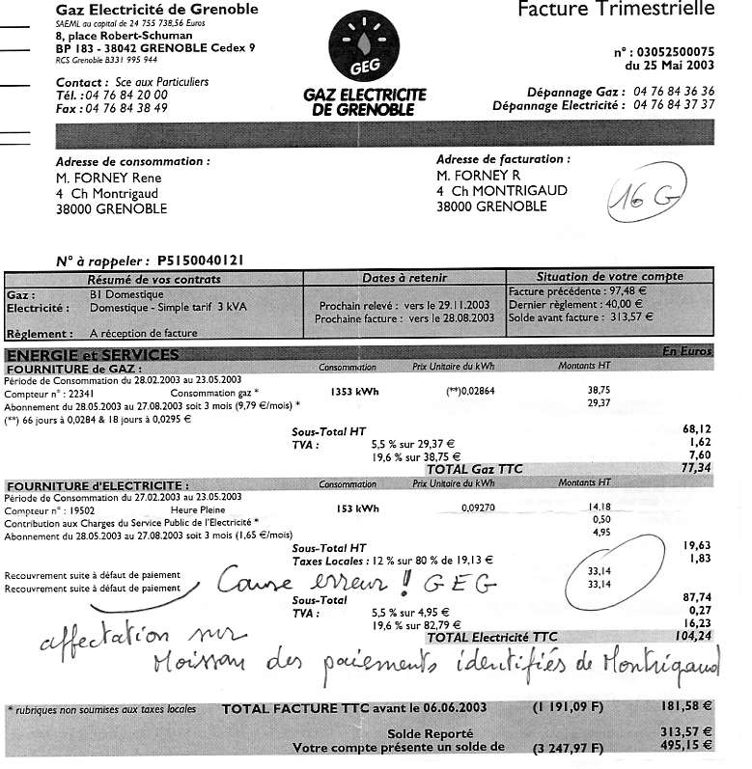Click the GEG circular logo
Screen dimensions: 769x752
[364, 53]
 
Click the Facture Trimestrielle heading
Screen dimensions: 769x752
[617, 11]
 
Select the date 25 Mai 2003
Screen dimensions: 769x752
[677, 67]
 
